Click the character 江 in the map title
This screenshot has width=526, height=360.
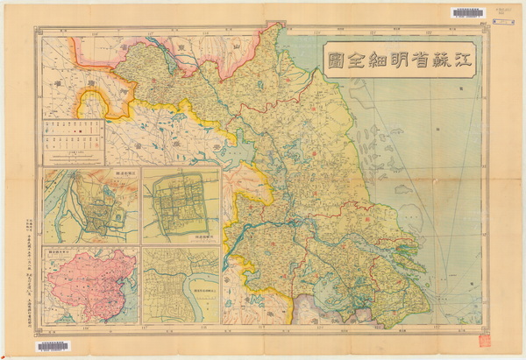click(460, 62)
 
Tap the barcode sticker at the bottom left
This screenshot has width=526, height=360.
click(53, 347)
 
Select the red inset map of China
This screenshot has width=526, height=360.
click(90, 284)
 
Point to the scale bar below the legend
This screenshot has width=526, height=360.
click(73, 157)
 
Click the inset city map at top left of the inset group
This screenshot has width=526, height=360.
click(90, 205)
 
